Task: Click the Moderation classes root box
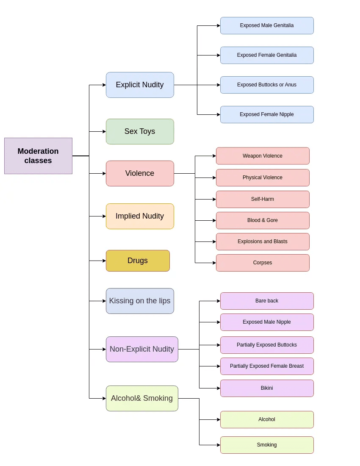pyautogui.click(x=38, y=156)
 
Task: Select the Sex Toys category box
pyautogui.click(x=140, y=131)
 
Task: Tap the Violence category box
pyautogui.click(x=140, y=173)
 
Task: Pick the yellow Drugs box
pyautogui.click(x=138, y=261)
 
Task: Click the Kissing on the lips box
pyautogui.click(x=140, y=301)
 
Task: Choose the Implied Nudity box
pyautogui.click(x=140, y=216)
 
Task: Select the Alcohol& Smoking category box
pyautogui.click(x=142, y=398)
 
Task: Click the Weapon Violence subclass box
pyautogui.click(x=263, y=156)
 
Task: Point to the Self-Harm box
pyautogui.click(x=263, y=199)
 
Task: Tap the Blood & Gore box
pyautogui.click(x=263, y=220)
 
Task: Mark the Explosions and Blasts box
pyautogui.click(x=263, y=241)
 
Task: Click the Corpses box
pyautogui.click(x=263, y=263)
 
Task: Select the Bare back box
pyautogui.click(x=267, y=301)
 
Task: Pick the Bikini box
pyautogui.click(x=267, y=388)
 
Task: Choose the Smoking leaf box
pyautogui.click(x=267, y=445)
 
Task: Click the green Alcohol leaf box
pyautogui.click(x=267, y=419)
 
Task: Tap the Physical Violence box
pyautogui.click(x=263, y=178)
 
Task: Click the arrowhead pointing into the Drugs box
pyautogui.click(x=104, y=261)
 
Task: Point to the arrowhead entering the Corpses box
pyautogui.click(x=214, y=263)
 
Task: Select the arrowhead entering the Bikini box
pyautogui.click(x=218, y=388)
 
